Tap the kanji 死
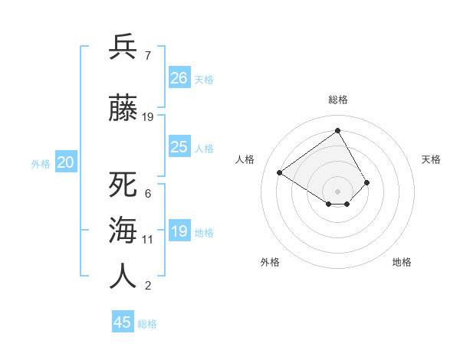point(123,185)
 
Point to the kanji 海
point(123,230)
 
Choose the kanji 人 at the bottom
point(123,275)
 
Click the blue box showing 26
point(179,77)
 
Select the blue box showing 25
point(179,147)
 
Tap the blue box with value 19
point(179,231)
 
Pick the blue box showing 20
point(66,162)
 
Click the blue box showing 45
point(123,322)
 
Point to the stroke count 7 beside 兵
point(147,56)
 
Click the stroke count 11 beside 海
point(148,240)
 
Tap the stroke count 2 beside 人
point(148,286)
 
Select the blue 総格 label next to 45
point(147,324)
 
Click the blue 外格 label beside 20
point(41,164)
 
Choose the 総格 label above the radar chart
point(337,100)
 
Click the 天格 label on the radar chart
point(431,159)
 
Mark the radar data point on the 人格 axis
point(280,172)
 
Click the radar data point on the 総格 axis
point(337,130)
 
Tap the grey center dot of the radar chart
point(337,191)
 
